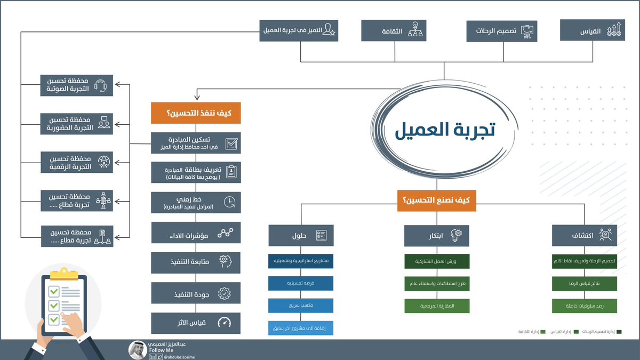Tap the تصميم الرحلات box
[501, 30]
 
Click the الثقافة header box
[394, 30]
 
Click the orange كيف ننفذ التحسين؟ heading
[196, 113]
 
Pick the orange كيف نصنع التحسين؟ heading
[436, 200]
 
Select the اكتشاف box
[585, 235]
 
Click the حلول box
[301, 235]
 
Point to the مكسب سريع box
[301, 306]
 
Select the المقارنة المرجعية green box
[437, 306]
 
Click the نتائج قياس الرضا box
[585, 284]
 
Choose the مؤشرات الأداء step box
[196, 233]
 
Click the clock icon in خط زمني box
[229, 202]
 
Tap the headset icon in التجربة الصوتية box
[101, 85]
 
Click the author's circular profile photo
[138, 349]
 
